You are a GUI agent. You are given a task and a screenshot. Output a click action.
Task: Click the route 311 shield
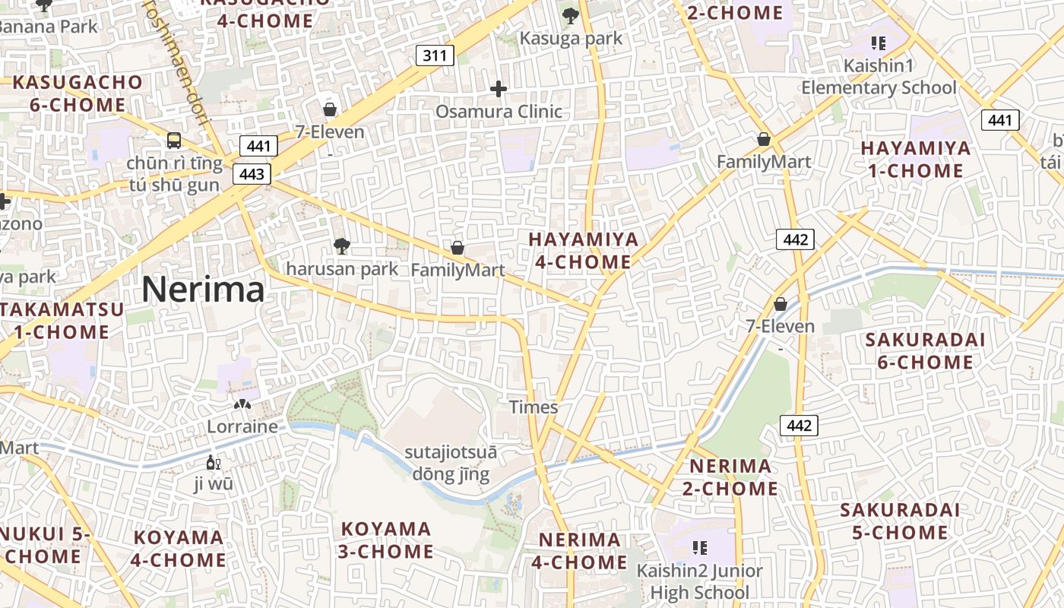(435, 55)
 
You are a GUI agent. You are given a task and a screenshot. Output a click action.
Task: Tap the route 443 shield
(252, 174)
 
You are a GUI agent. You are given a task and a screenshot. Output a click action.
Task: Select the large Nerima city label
(203, 290)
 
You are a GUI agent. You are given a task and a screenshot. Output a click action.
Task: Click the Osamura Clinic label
(499, 112)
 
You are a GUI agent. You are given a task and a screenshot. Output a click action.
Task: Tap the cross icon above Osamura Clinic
(499, 90)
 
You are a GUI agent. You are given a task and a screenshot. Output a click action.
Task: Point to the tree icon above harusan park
(342, 245)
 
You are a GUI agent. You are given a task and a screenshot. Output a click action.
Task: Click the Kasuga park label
(571, 38)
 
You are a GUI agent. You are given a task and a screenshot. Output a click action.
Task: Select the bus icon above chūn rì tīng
(174, 140)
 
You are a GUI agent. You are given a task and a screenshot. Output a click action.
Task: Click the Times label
(534, 407)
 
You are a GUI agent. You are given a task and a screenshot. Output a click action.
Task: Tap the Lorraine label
(242, 426)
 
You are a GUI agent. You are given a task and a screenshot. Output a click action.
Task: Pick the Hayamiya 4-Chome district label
(584, 250)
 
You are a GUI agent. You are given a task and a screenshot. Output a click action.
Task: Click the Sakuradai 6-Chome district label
(925, 350)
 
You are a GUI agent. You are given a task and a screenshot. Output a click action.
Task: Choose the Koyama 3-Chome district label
(386, 540)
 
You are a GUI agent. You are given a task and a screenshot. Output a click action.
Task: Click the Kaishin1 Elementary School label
(879, 77)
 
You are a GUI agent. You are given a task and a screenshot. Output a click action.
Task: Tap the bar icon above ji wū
(214, 462)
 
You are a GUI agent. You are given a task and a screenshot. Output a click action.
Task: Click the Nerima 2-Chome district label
(730, 477)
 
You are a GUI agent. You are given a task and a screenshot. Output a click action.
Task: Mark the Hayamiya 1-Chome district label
(916, 159)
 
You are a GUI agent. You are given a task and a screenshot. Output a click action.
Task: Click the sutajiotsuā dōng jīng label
(451, 464)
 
